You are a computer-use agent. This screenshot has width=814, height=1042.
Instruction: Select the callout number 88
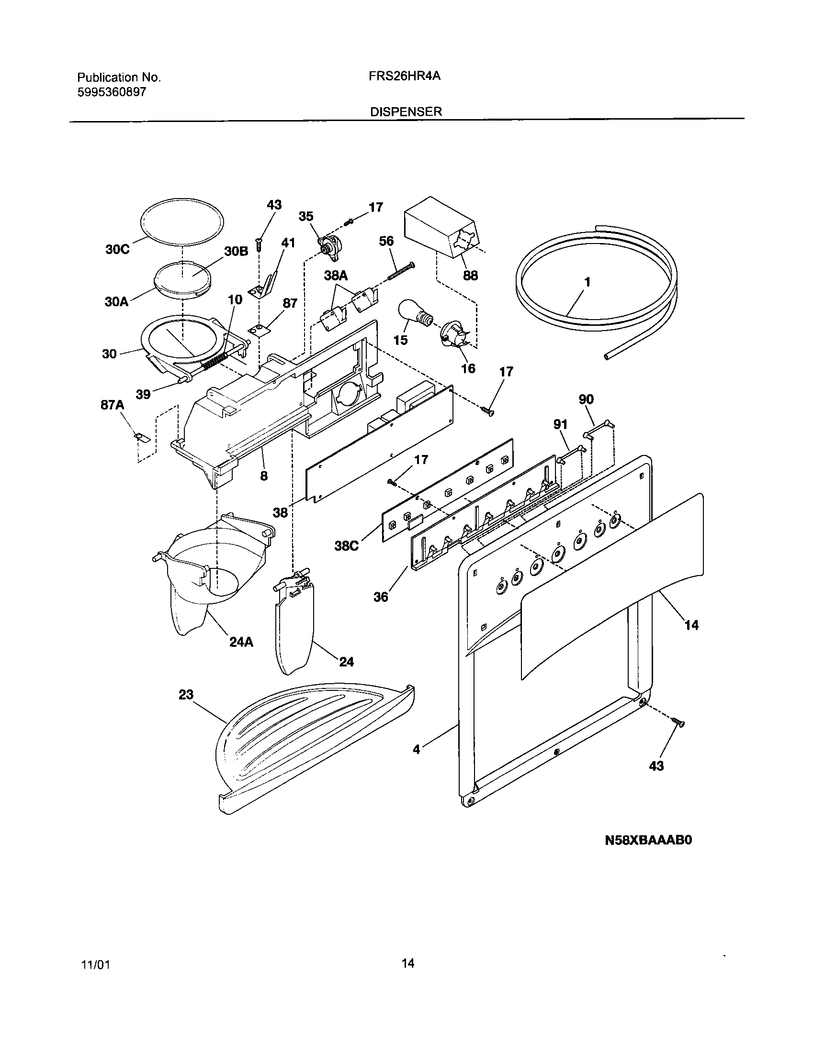(x=470, y=276)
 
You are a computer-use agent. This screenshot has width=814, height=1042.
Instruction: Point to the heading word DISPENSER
(x=406, y=111)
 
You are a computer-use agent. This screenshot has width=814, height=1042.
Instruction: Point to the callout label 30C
(x=117, y=250)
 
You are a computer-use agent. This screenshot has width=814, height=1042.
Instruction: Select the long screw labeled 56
(x=401, y=272)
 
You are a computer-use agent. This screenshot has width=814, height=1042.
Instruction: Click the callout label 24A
(x=241, y=643)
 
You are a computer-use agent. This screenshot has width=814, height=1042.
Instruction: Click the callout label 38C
(x=346, y=546)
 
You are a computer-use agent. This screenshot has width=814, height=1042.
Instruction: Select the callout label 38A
(x=336, y=275)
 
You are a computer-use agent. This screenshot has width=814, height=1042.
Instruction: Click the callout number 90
(x=586, y=399)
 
